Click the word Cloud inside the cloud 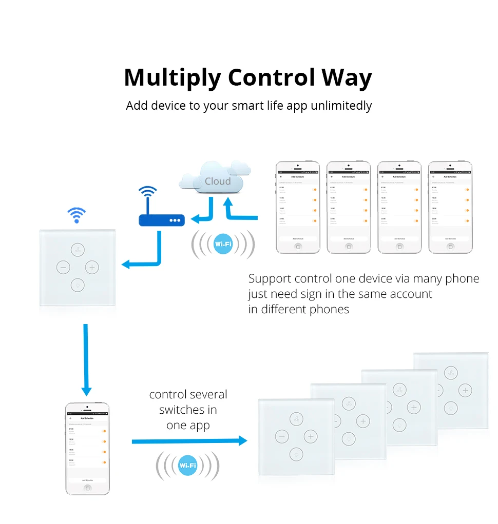pyautogui.click(x=218, y=182)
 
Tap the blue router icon pyautogui.click(x=161, y=220)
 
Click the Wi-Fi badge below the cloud pyautogui.click(x=223, y=244)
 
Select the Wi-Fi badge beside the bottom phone pyautogui.click(x=187, y=466)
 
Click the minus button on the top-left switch pyautogui.click(x=63, y=267)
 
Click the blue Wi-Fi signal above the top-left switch pyautogui.click(x=77, y=215)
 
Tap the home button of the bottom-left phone pyautogui.click(x=88, y=488)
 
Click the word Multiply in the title pyautogui.click(x=172, y=78)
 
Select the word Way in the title pyautogui.click(x=347, y=78)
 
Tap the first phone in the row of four pyautogui.click(x=298, y=207)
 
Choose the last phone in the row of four pyautogui.click(x=450, y=207)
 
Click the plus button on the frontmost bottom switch pyautogui.click(x=310, y=437)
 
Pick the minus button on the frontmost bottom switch pyautogui.click(x=281, y=437)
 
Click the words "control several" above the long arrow pyautogui.click(x=188, y=394)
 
